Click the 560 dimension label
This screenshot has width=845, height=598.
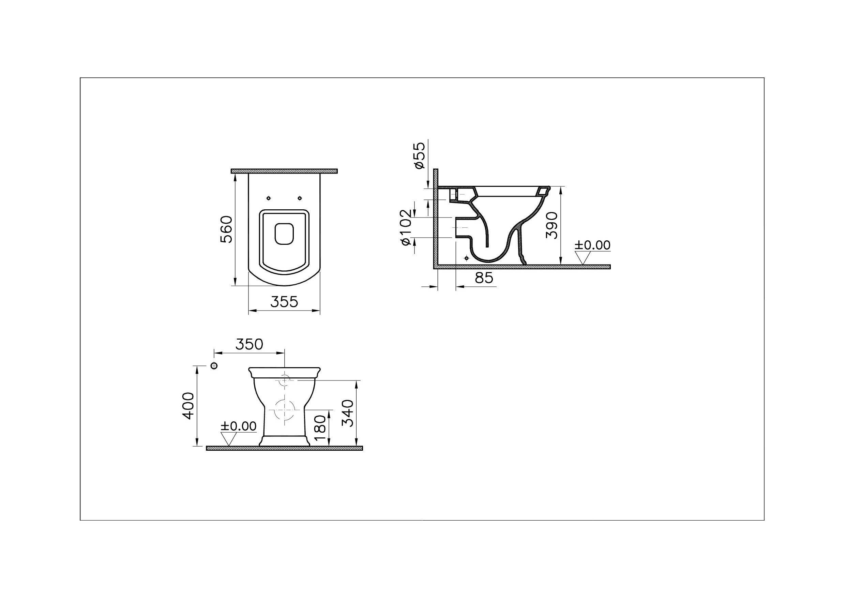click(x=226, y=229)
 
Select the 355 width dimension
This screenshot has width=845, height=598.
click(x=284, y=302)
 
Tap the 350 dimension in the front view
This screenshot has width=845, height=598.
click(x=249, y=344)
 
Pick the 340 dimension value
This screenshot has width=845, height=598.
click(x=348, y=413)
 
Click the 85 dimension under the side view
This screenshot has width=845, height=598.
click(x=484, y=278)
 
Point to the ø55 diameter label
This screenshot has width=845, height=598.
click(x=419, y=155)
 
